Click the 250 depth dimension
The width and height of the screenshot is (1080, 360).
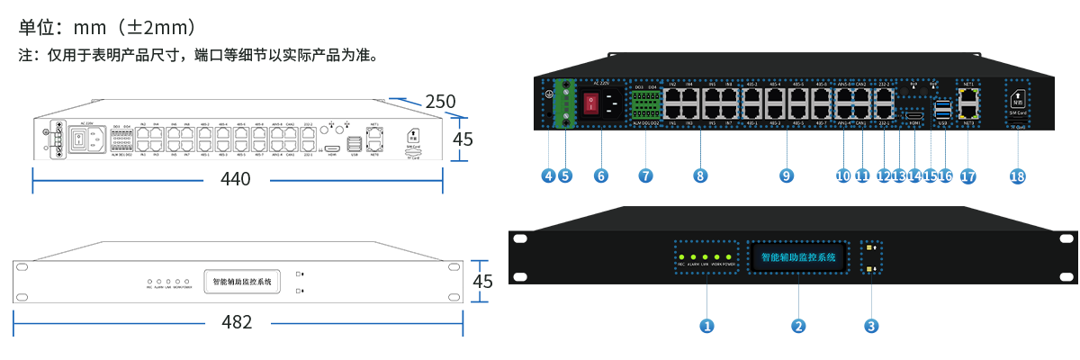pyautogui.click(x=440, y=101)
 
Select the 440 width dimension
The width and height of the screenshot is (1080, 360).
pyautogui.click(x=235, y=180)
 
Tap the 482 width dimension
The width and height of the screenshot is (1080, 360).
pyautogui.click(x=236, y=322)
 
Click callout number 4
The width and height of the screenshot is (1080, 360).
pyautogui.click(x=548, y=176)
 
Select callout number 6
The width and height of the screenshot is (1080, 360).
pyautogui.click(x=601, y=176)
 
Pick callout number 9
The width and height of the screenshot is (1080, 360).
pyautogui.click(x=787, y=176)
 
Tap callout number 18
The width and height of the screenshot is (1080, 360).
pyautogui.click(x=1017, y=176)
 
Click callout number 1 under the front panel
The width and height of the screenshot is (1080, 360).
pyautogui.click(x=707, y=325)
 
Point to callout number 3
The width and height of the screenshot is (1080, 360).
pyautogui.click(x=870, y=325)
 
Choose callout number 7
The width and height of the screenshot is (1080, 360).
pyautogui.click(x=645, y=176)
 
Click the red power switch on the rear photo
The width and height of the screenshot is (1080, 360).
pyautogui.click(x=591, y=104)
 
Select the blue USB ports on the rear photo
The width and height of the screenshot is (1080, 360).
pyautogui.click(x=942, y=110)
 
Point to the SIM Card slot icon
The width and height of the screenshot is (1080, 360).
pyautogui.click(x=1018, y=95)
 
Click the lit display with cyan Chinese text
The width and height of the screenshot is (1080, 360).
pyautogui.click(x=798, y=256)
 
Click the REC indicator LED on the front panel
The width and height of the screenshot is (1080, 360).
pyautogui.click(x=681, y=256)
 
